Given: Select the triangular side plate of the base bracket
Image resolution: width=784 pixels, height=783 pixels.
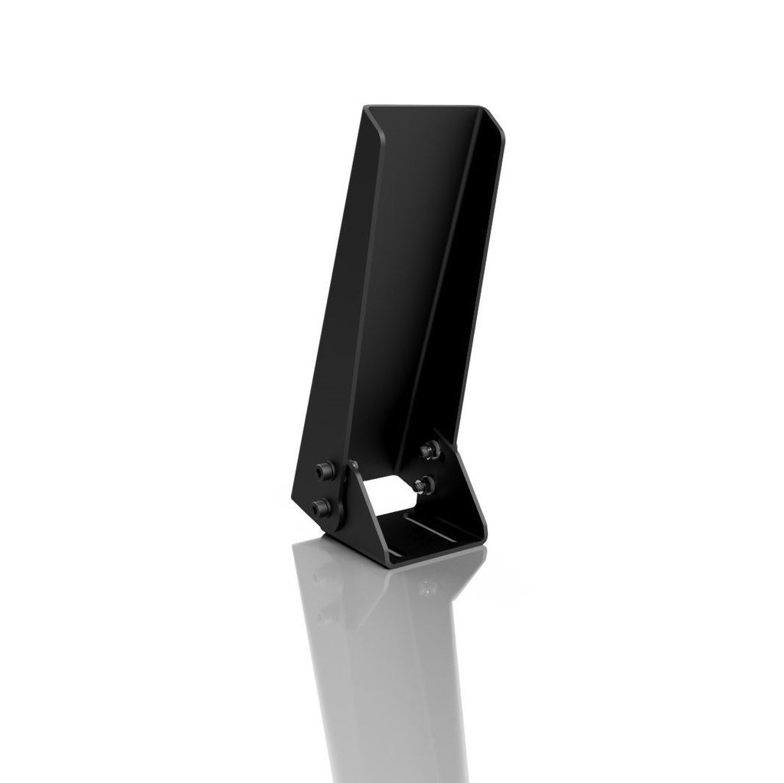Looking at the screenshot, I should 352,505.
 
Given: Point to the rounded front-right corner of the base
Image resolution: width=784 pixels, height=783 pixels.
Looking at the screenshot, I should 480,540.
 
